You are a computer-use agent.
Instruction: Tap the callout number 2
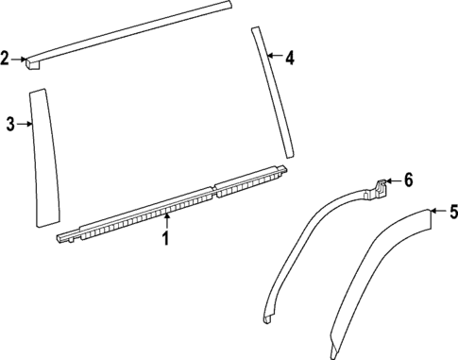click(6, 60)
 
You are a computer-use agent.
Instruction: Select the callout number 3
click(10, 124)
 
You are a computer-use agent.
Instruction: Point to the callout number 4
click(289, 59)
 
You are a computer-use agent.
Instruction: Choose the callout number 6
click(408, 180)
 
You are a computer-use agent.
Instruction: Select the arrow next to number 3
click(25, 124)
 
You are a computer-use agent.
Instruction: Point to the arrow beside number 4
click(274, 58)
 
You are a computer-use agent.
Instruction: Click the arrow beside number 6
click(393, 181)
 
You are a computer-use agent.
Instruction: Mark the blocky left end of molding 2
click(35, 61)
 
